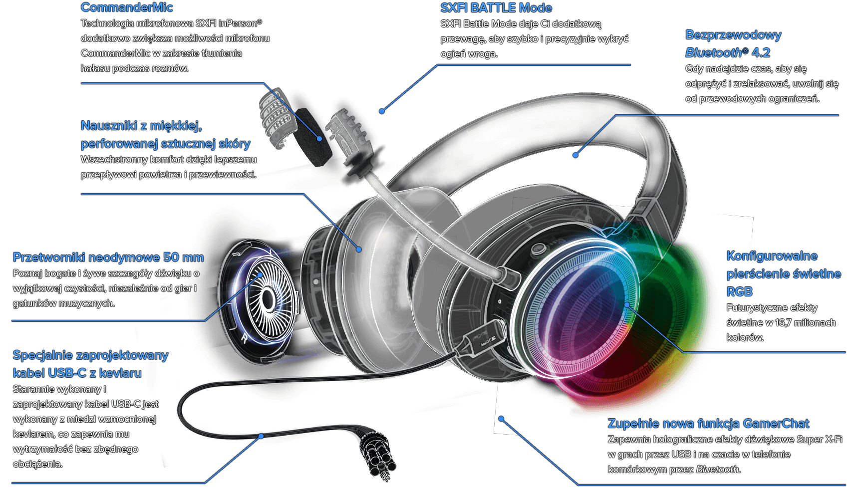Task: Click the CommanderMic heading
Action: click(x=127, y=7)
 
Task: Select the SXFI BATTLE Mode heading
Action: click(x=496, y=8)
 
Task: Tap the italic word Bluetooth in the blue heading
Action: click(x=713, y=53)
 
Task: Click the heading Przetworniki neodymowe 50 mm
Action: click(x=108, y=257)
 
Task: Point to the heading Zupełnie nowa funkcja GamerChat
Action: click(x=708, y=424)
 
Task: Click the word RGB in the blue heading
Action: click(x=739, y=292)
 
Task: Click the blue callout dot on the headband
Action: click(x=575, y=155)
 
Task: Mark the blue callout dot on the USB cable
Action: click(x=261, y=436)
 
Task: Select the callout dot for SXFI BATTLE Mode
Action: click(x=382, y=111)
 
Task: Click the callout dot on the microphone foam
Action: click(x=320, y=139)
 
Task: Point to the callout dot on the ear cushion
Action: click(x=359, y=249)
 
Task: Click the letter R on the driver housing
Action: click(x=244, y=338)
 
